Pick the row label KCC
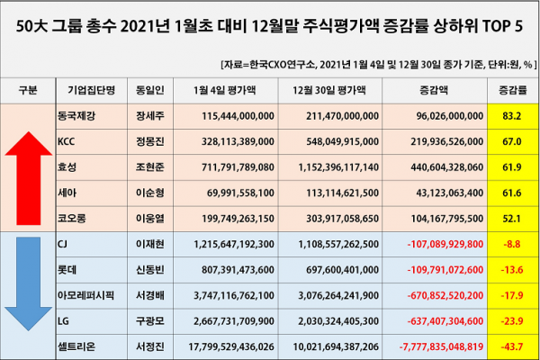pos(66,141)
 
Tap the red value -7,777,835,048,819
pos(433,346)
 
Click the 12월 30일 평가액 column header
pos(324,91)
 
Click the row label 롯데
pos(66,270)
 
